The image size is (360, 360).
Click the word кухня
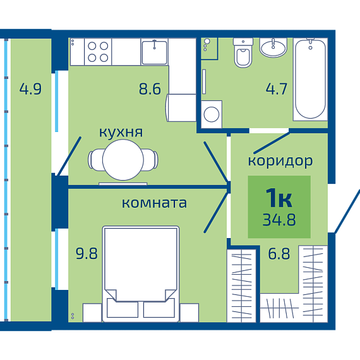click(121, 133)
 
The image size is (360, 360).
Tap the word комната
click(154, 203)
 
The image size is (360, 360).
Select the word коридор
click(280, 161)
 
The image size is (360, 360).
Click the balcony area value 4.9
click(30, 89)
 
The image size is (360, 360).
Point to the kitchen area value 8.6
click(150, 89)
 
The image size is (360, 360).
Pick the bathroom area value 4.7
click(277, 89)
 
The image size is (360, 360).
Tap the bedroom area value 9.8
click(87, 253)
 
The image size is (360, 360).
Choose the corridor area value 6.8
click(279, 253)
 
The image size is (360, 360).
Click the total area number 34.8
click(279, 220)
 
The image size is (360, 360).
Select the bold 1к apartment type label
click(279, 198)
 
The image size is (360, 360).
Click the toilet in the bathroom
click(243, 53)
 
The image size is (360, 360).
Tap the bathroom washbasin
click(273, 47)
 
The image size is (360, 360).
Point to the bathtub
click(310, 79)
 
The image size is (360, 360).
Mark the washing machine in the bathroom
click(212, 114)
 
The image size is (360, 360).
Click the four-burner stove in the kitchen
click(98, 52)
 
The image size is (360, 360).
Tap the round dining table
click(123, 160)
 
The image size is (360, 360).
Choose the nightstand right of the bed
click(189, 313)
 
